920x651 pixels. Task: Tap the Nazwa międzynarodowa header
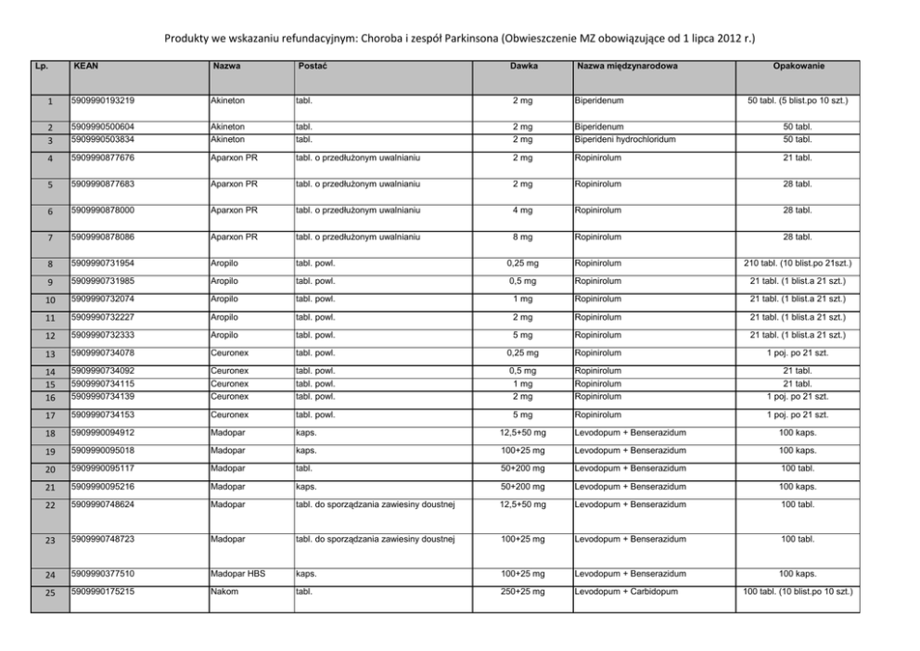click(626, 67)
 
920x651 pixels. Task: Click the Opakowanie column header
click(799, 67)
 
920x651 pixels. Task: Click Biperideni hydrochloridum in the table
click(621, 139)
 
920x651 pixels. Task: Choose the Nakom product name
click(224, 591)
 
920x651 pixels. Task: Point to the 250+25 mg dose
click(522, 591)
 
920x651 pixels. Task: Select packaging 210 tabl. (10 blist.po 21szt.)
click(799, 264)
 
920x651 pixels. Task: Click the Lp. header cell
click(40, 67)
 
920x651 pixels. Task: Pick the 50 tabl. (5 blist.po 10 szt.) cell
click(799, 100)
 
